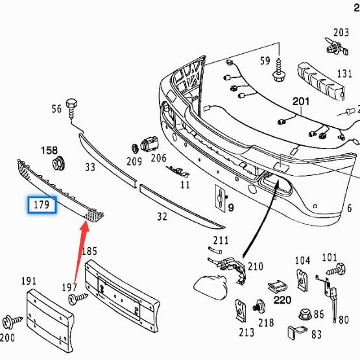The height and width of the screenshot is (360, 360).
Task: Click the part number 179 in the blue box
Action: (x=42, y=204)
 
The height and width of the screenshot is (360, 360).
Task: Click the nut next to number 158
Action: (x=58, y=163)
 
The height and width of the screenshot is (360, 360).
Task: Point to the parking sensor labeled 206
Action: (x=149, y=143)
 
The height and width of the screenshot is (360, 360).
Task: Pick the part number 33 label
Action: (x=90, y=167)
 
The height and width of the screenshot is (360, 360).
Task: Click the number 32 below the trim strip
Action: (x=162, y=217)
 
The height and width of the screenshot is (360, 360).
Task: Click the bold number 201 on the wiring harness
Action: (x=301, y=101)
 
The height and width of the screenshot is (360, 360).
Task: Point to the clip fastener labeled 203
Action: (x=337, y=47)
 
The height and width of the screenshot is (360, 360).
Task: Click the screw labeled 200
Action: (x=12, y=320)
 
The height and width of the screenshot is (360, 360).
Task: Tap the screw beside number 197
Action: (x=78, y=298)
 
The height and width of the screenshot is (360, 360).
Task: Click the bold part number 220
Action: (x=282, y=300)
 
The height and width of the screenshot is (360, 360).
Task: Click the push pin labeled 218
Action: (x=259, y=307)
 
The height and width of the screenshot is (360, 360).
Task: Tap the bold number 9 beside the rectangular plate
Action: (x=231, y=208)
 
